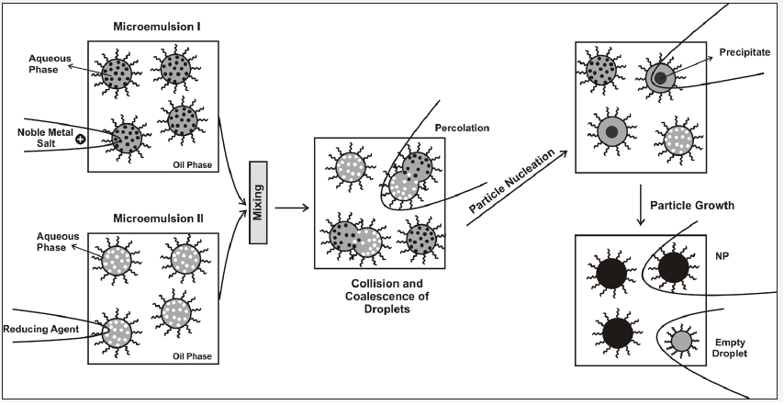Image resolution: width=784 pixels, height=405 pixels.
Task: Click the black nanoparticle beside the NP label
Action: (x=673, y=267)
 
